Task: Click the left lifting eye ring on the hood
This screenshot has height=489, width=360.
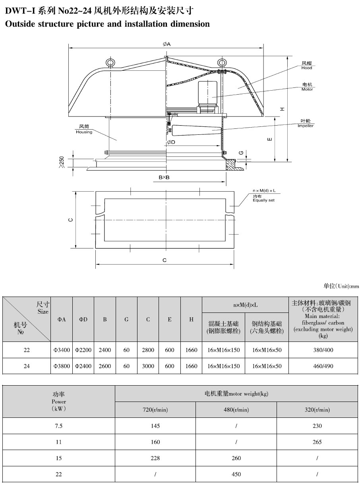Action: [x=110, y=63]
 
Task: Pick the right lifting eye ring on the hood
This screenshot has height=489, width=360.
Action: [x=222, y=62]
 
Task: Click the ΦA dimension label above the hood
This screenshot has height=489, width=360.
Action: [x=166, y=44]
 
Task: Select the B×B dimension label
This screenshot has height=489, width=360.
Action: [x=164, y=177]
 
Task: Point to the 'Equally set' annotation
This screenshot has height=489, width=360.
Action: [x=263, y=200]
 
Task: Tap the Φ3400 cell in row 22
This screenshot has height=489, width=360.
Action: [x=62, y=350]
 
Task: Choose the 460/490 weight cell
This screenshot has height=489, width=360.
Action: [x=323, y=366]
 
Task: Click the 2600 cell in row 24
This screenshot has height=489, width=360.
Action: [x=105, y=366]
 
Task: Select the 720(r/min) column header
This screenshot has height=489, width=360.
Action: [x=155, y=410]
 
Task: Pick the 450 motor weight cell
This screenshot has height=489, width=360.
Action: [x=236, y=474]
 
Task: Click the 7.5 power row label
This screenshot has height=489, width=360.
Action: [x=59, y=426]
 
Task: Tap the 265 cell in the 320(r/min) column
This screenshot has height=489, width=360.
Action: [x=317, y=442]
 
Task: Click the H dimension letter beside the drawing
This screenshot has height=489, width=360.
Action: [x=282, y=109]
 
